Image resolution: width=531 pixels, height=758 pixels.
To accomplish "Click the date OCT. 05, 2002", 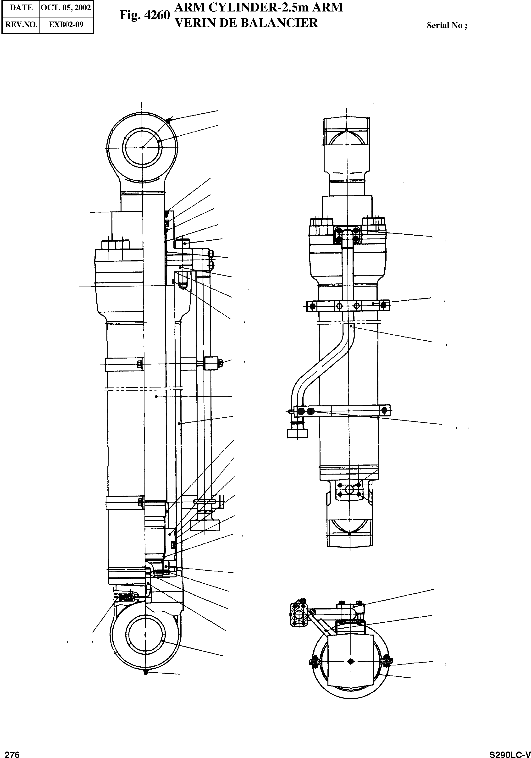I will (x=66, y=8).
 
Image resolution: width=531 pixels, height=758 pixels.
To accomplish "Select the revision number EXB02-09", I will (x=66, y=24).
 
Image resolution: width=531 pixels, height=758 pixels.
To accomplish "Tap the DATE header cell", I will (x=21, y=8).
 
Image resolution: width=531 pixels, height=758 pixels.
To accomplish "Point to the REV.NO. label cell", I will (x=21, y=24).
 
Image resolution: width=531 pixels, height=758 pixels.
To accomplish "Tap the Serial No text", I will (x=447, y=25).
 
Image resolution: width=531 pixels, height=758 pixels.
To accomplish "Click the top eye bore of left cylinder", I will (x=142, y=148).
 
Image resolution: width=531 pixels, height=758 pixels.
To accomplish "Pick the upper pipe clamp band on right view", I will (x=348, y=306).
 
